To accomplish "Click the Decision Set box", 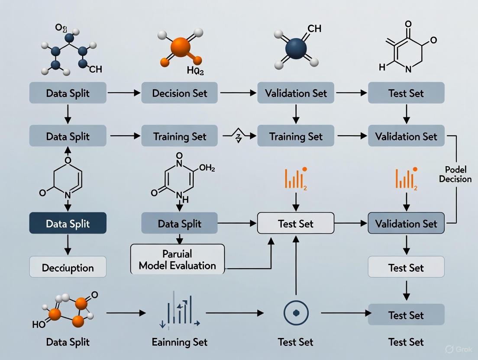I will [180, 93].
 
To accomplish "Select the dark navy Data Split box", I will [68, 224].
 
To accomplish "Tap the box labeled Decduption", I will [68, 267].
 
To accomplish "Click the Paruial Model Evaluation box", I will [177, 259].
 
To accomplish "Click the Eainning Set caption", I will [180, 342].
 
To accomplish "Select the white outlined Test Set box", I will [296, 224].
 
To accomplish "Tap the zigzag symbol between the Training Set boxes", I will [237, 137].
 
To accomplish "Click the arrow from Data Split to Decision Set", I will [124, 93].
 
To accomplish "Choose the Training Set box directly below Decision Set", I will [180, 137].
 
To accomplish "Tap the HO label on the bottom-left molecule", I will [39, 324].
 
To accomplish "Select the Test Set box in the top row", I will [406, 93].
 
